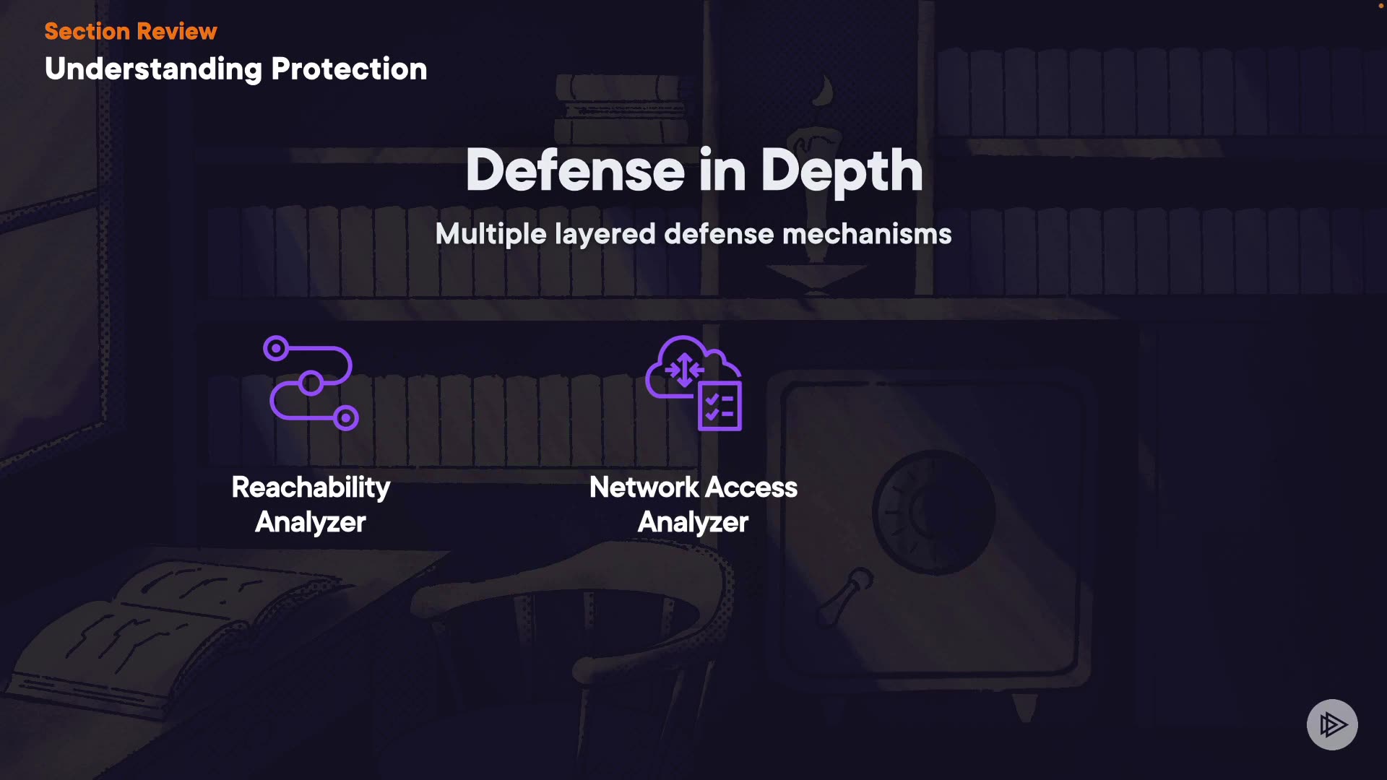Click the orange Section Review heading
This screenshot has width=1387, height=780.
click(130, 31)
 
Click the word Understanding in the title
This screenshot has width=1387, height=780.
click(153, 69)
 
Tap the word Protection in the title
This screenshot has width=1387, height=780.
click(349, 69)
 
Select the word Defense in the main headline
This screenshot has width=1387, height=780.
click(575, 170)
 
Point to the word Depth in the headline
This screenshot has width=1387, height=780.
click(842, 172)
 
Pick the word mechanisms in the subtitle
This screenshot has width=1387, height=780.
click(867, 234)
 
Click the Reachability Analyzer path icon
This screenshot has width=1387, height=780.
click(311, 383)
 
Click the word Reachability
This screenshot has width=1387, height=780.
click(311, 487)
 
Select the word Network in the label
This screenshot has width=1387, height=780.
click(644, 487)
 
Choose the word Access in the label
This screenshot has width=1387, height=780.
click(751, 487)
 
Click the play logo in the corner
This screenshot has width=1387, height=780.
click(1332, 724)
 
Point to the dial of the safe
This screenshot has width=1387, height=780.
click(933, 511)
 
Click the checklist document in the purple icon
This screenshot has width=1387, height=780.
click(720, 406)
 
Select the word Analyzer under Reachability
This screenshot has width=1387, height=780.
click(311, 522)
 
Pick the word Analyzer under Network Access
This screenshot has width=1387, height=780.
click(693, 522)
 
